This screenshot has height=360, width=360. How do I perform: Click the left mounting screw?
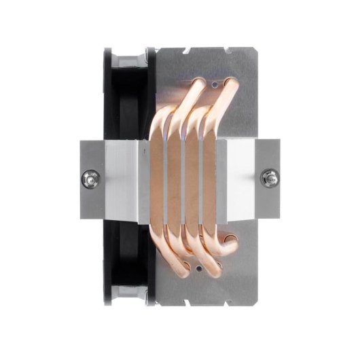[88, 180]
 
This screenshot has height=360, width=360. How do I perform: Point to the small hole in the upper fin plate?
[214, 86]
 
